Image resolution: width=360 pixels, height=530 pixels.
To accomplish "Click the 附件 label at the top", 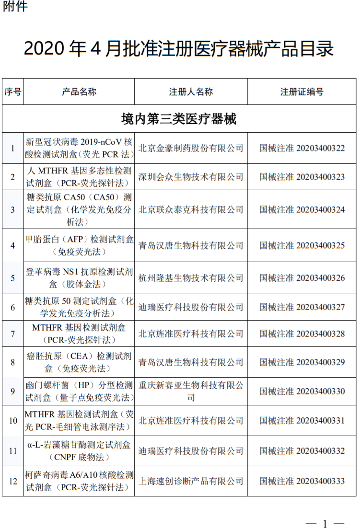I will (15, 7).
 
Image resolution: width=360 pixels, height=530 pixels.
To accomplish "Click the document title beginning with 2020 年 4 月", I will (179, 49).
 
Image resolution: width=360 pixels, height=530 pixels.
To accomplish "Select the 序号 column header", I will (13, 92).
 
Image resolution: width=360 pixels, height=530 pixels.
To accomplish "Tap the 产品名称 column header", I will (79, 92).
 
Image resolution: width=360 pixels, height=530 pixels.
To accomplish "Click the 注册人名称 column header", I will (191, 92).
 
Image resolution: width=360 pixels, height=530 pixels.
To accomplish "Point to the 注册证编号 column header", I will (302, 92).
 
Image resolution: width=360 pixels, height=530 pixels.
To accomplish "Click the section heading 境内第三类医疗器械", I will (179, 119).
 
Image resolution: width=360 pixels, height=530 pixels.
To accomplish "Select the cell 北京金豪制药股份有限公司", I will (191, 148).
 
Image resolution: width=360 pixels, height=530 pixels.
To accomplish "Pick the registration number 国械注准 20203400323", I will (302, 177).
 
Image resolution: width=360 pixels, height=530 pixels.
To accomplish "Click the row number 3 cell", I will (13, 209).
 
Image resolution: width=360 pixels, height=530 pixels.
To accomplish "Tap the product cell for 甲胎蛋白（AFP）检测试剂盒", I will (79, 245).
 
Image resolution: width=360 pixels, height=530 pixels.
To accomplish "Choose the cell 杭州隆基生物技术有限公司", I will (191, 277).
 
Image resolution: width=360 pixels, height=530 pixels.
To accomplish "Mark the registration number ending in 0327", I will (302, 307).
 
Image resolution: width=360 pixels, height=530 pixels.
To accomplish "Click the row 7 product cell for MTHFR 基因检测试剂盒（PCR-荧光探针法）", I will (79, 334).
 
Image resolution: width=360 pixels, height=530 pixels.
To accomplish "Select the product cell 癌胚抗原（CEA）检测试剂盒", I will (79, 362).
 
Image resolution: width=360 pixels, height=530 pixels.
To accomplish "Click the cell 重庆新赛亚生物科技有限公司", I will (191, 391).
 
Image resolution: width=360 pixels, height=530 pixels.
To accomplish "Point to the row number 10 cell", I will (13, 420).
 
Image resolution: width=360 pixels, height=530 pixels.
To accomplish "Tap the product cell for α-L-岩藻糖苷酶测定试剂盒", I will (79, 451).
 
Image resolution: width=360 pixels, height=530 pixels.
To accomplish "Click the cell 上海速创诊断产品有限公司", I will (191, 481).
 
